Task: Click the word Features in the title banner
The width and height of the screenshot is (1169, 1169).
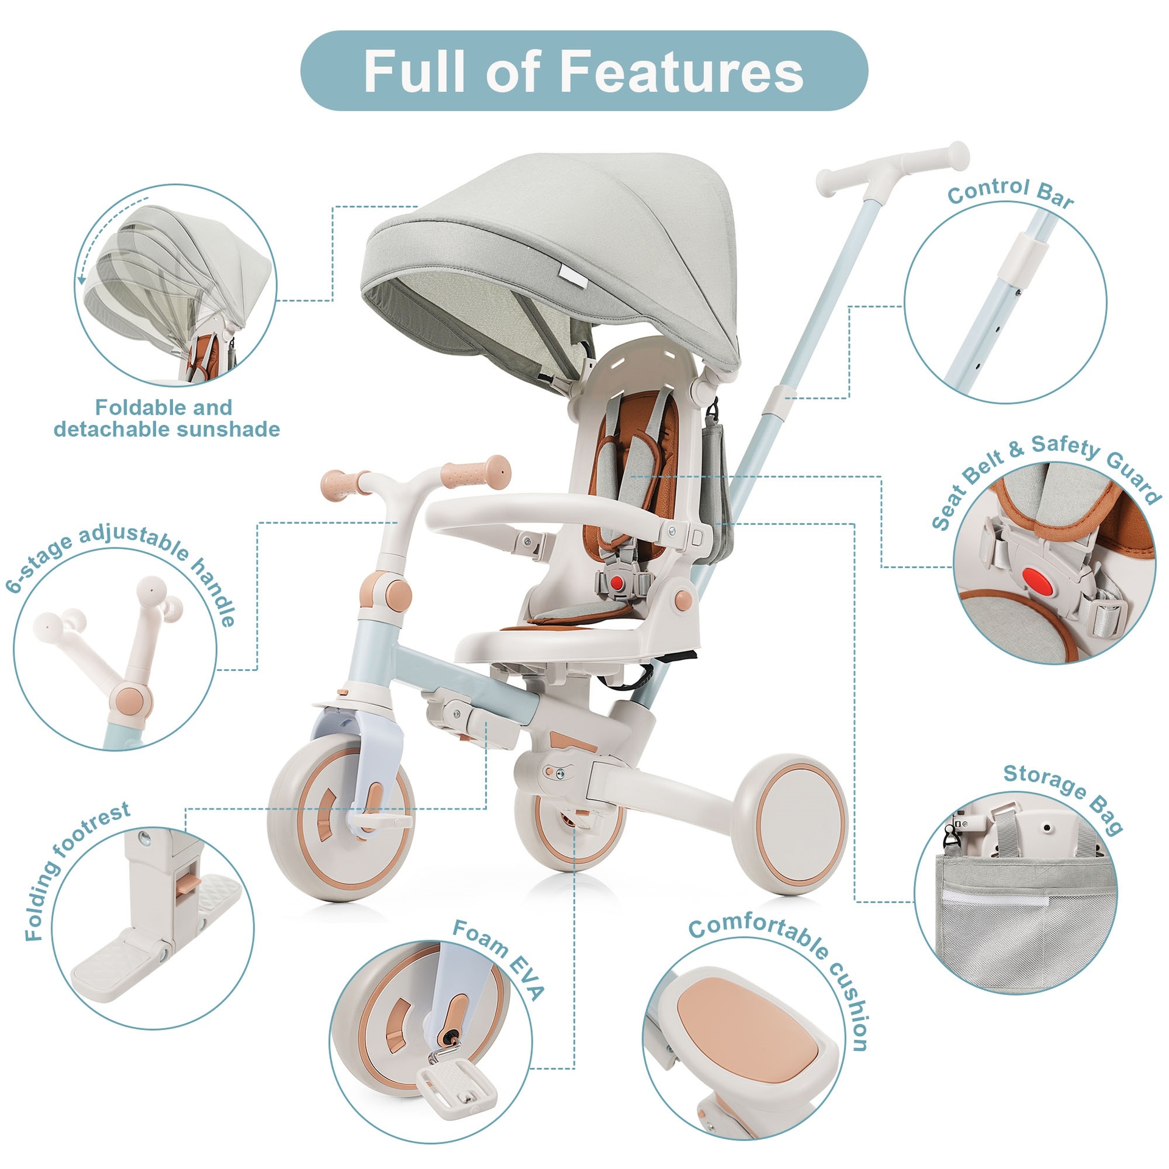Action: point(681,71)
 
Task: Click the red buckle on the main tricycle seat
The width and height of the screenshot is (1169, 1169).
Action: point(618,583)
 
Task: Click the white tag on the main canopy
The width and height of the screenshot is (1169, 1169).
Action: point(572,277)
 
